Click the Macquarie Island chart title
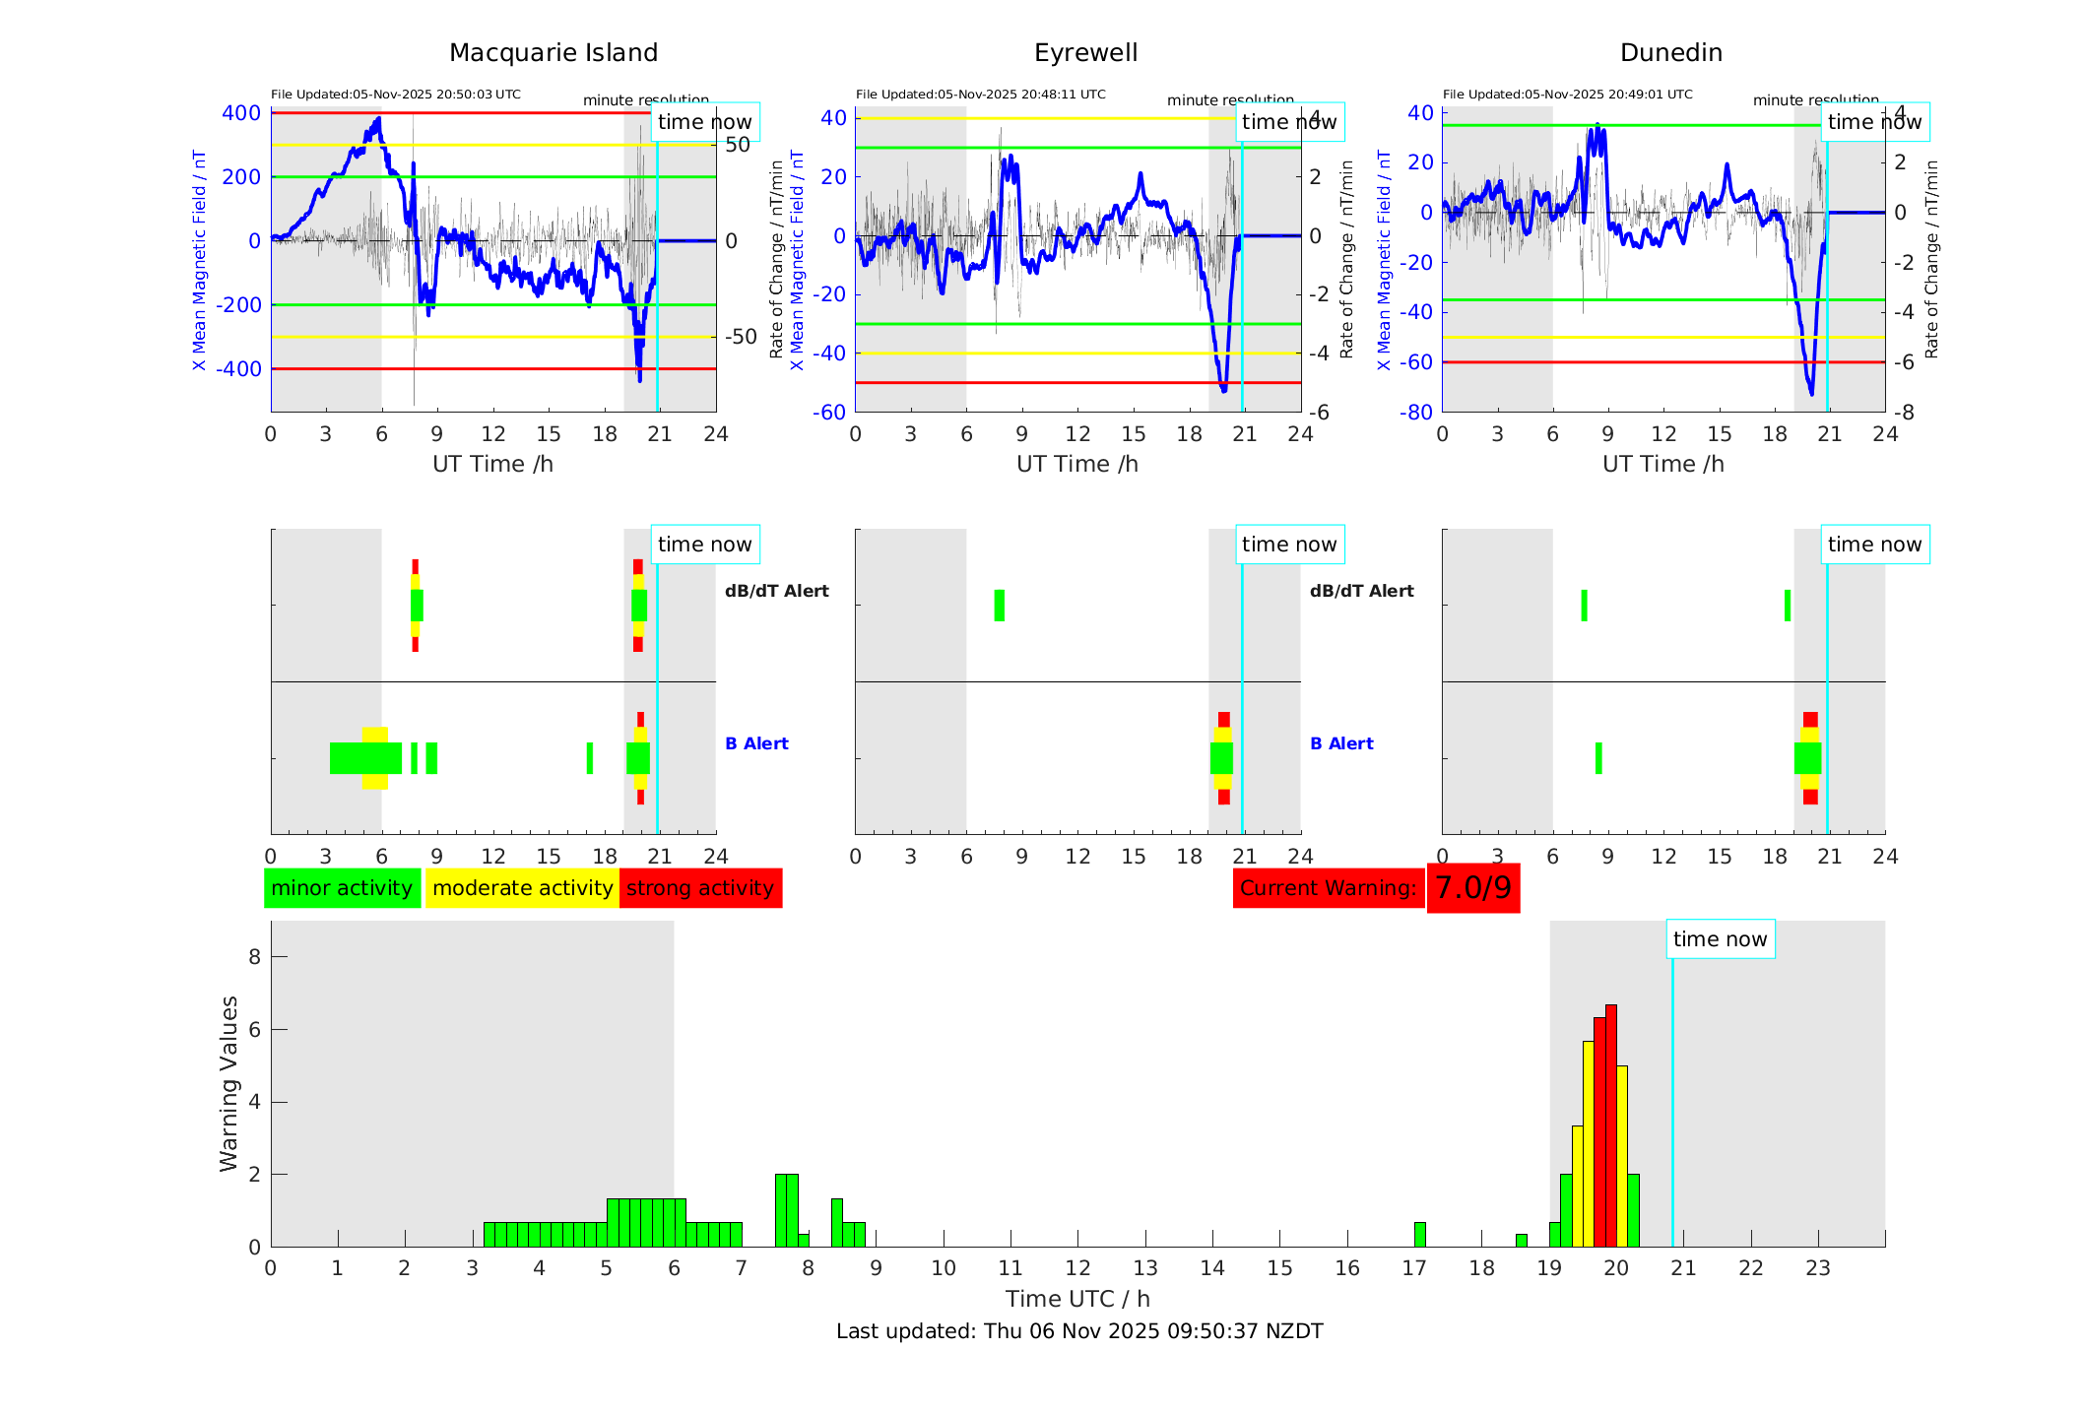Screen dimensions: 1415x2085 pyautogui.click(x=554, y=52)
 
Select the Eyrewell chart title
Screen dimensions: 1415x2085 pyautogui.click(x=1085, y=52)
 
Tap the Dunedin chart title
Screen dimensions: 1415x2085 pyautogui.click(x=1670, y=52)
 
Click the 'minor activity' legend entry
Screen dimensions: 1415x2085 pyautogui.click(x=342, y=888)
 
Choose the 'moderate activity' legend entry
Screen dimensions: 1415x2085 pyautogui.click(x=522, y=888)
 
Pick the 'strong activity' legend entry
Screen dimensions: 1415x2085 pyautogui.click(x=700, y=888)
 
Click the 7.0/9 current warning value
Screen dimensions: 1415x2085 pyautogui.click(x=1472, y=888)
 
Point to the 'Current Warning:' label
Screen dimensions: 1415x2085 pyautogui.click(x=1328, y=888)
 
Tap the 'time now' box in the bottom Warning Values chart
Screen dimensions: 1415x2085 pyautogui.click(x=1720, y=939)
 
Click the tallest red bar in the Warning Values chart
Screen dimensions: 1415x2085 pyautogui.click(x=1611, y=1123)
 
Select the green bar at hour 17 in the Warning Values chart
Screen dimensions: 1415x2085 pyautogui.click(x=1419, y=1235)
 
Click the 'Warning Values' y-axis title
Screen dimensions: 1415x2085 pyautogui.click(x=228, y=1083)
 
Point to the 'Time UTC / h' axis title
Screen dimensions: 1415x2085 pyautogui.click(x=1077, y=1299)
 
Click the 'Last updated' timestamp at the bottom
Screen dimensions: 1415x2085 pyautogui.click(x=1079, y=1331)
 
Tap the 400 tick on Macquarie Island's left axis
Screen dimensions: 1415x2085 pyautogui.click(x=241, y=113)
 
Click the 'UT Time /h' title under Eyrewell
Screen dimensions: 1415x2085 pyautogui.click(x=1077, y=464)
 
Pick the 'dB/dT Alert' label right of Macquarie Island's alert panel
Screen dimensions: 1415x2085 pyautogui.click(x=776, y=591)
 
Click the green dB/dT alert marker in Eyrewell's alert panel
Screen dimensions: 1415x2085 pyautogui.click(x=1000, y=606)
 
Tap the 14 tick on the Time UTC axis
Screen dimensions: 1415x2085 pyautogui.click(x=1212, y=1268)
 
